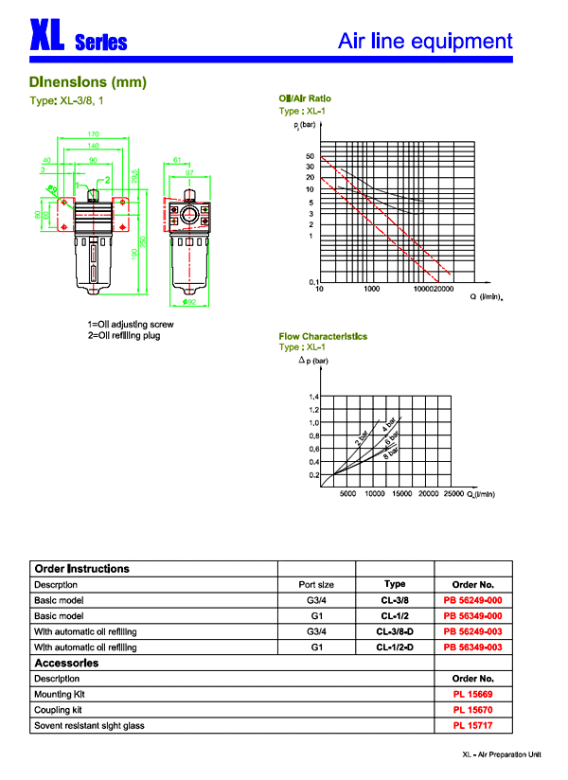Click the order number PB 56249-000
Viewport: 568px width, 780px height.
(472, 600)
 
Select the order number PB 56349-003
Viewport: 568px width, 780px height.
(472, 647)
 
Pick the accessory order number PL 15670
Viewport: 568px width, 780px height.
(472, 710)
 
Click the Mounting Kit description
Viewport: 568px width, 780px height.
(59, 695)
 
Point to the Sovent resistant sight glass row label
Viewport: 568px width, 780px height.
(89, 726)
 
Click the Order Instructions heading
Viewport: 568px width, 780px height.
(81, 569)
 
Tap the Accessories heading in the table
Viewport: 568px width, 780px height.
(66, 663)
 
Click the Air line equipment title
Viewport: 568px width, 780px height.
(425, 41)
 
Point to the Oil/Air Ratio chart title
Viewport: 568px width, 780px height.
(305, 98)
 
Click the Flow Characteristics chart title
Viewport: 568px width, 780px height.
(323, 336)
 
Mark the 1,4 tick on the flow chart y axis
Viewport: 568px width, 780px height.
(313, 397)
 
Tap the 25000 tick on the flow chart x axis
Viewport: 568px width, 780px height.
(453, 493)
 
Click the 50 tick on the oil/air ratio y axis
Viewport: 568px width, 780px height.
(310, 156)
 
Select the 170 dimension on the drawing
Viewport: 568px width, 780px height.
(94, 134)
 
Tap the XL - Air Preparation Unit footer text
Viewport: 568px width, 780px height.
(501, 754)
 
